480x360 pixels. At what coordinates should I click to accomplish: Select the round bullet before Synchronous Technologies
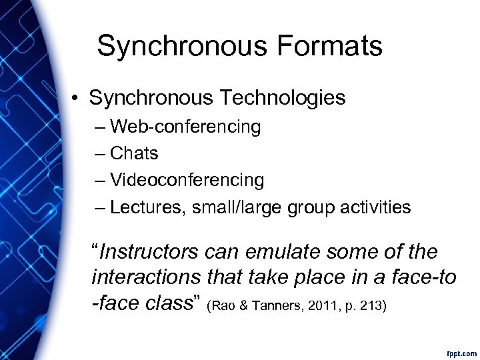78,99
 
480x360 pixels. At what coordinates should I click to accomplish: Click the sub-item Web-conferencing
185,126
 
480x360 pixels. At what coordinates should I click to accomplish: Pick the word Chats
134,153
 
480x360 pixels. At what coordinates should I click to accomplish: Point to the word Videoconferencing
187,180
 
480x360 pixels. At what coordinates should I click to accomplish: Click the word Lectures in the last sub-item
147,207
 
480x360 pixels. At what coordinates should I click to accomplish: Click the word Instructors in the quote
149,252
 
